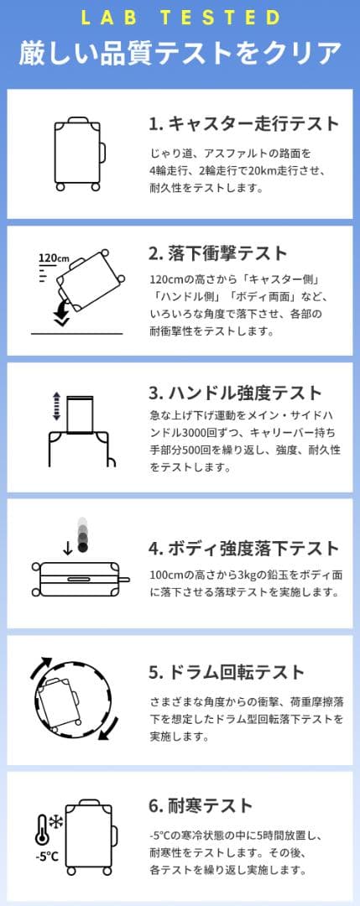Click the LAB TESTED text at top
tap(180, 18)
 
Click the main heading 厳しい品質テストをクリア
tap(180, 52)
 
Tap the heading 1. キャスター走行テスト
tap(243, 124)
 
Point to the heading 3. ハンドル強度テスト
tap(235, 393)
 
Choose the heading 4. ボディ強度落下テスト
tap(243, 549)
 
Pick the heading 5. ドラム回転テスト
tap(226, 673)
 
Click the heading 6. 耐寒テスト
tap(201, 806)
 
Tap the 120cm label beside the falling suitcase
tap(53, 258)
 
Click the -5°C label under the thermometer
tap(46, 857)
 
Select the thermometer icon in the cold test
tap(42, 830)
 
